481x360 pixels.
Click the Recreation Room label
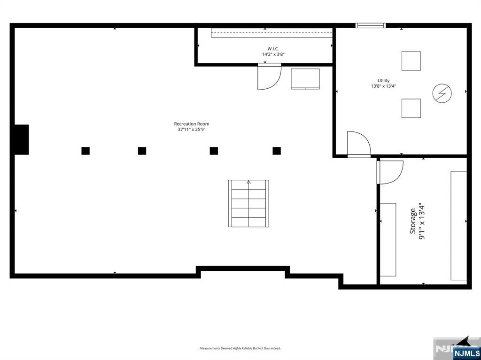192,124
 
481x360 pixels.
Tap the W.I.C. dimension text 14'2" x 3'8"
273,54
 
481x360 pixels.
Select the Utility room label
383,81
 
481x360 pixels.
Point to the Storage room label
413,222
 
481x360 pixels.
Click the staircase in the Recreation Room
248,203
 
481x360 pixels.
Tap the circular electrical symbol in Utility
442,93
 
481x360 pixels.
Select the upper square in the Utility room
411,61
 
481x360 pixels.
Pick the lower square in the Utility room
411,108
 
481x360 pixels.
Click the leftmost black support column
85,151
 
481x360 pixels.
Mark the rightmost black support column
277,151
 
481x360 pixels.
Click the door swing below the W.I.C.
269,77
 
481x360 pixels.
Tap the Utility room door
358,144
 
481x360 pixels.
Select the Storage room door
390,172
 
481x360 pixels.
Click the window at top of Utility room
370,25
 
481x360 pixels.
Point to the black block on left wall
21,139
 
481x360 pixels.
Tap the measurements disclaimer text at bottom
240,348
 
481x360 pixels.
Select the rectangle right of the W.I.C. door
305,79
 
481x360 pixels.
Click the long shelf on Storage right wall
459,226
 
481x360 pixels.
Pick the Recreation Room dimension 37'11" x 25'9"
192,130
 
